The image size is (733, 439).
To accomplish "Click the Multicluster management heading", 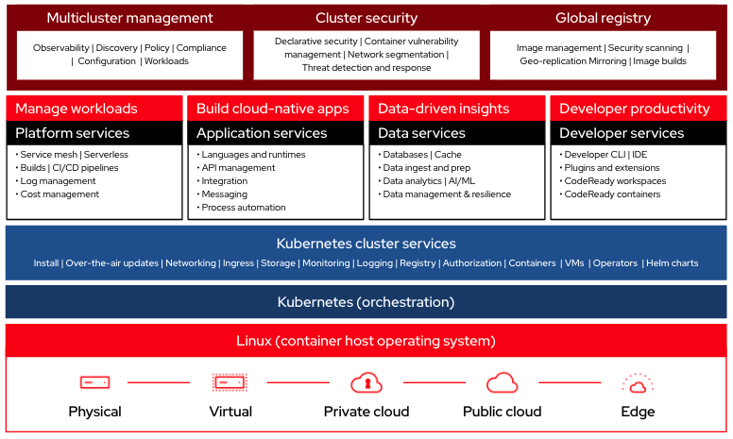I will (130, 18).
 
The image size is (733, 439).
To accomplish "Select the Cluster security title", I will (366, 18).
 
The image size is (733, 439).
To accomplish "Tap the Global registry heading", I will (603, 18).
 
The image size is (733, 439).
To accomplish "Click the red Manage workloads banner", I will (77, 109).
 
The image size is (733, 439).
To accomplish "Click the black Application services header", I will (262, 133).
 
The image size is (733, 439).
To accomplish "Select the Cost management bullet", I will (60, 194).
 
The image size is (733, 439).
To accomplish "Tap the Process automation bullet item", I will (244, 208).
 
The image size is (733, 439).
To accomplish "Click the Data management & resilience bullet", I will (447, 194).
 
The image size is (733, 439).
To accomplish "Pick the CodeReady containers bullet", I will (612, 194).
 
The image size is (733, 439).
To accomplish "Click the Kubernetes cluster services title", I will (366, 244).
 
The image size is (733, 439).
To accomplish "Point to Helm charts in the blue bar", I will (673, 263).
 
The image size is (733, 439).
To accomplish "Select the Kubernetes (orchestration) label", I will (366, 302).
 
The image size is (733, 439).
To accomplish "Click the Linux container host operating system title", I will (366, 341).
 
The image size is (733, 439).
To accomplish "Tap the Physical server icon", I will (94, 382).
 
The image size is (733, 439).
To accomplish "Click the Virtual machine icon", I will (230, 382).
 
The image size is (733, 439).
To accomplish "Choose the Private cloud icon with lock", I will (366, 382).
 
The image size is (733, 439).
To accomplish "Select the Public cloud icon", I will (503, 382).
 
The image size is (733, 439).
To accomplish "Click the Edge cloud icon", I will (638, 383).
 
